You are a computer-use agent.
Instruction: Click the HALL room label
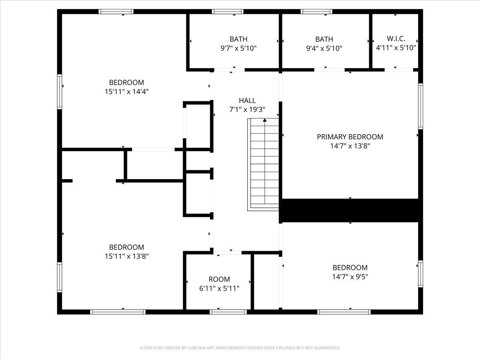247,100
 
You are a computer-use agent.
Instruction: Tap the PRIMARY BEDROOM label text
350,137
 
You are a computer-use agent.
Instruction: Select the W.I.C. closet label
396,39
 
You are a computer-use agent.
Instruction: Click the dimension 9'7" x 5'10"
238,48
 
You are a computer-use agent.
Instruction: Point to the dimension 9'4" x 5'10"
324,48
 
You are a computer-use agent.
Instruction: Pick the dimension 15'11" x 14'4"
126,92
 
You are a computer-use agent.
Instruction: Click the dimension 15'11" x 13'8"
126,256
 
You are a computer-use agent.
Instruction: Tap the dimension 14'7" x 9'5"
350,277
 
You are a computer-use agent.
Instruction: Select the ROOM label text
219,279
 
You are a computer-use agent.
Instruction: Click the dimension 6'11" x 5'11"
219,288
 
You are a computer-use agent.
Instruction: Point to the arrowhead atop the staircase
265,120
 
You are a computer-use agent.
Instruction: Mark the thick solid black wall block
351,210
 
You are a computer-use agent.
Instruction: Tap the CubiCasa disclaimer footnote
240,348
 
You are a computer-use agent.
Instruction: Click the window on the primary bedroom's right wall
420,106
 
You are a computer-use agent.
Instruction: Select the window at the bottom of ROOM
222,312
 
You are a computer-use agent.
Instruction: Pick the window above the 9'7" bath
228,12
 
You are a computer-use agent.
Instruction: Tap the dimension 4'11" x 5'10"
396,48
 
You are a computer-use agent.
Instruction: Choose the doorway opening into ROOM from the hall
230,252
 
